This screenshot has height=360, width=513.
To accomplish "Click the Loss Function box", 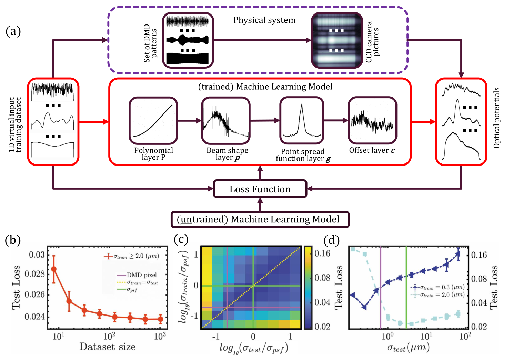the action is pyautogui.click(x=260, y=189).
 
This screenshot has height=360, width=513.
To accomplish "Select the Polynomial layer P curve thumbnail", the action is pyautogui.click(x=153, y=121).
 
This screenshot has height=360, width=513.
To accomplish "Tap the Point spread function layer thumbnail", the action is pyautogui.click(x=302, y=121).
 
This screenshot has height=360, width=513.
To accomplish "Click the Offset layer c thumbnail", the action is pyautogui.click(x=372, y=121).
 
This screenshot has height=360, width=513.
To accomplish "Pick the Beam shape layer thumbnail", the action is pyautogui.click(x=226, y=121).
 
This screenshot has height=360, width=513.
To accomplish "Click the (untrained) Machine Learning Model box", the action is pyautogui.click(x=260, y=219).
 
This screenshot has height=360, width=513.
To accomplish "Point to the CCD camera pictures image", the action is pyautogui.click(x=337, y=40).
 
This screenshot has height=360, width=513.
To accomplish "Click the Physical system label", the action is pyautogui.click(x=264, y=20).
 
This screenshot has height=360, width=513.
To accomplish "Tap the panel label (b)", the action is pyautogui.click(x=13, y=240).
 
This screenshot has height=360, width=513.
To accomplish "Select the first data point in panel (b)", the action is pyautogui.click(x=54, y=269).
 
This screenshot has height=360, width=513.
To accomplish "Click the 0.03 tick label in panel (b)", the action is pyautogui.click(x=37, y=254).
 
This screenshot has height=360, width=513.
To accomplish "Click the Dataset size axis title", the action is pyautogui.click(x=108, y=347).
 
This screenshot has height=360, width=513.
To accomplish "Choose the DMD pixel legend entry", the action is pyautogui.click(x=137, y=275).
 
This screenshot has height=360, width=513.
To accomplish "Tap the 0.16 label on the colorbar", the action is pyautogui.click(x=322, y=253).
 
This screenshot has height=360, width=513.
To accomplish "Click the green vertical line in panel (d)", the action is pyautogui.click(x=406, y=287).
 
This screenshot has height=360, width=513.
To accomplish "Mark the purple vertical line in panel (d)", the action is pyautogui.click(x=380, y=287).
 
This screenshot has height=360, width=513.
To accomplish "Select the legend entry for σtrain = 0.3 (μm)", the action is pyautogui.click(x=437, y=287).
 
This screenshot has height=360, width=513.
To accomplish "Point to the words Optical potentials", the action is pyautogui.click(x=496, y=118).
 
